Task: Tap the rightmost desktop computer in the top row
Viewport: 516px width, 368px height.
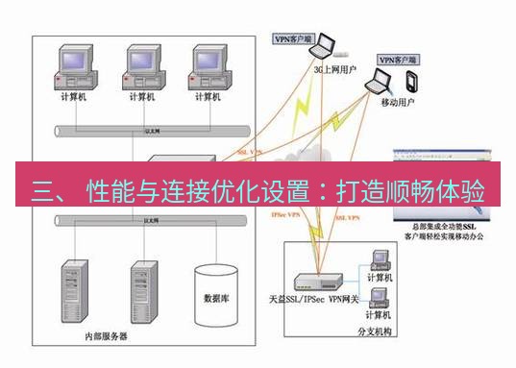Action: coord(206,66)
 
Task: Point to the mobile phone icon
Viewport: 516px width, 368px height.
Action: coord(411,80)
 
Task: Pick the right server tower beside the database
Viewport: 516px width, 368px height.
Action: coord(144,290)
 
